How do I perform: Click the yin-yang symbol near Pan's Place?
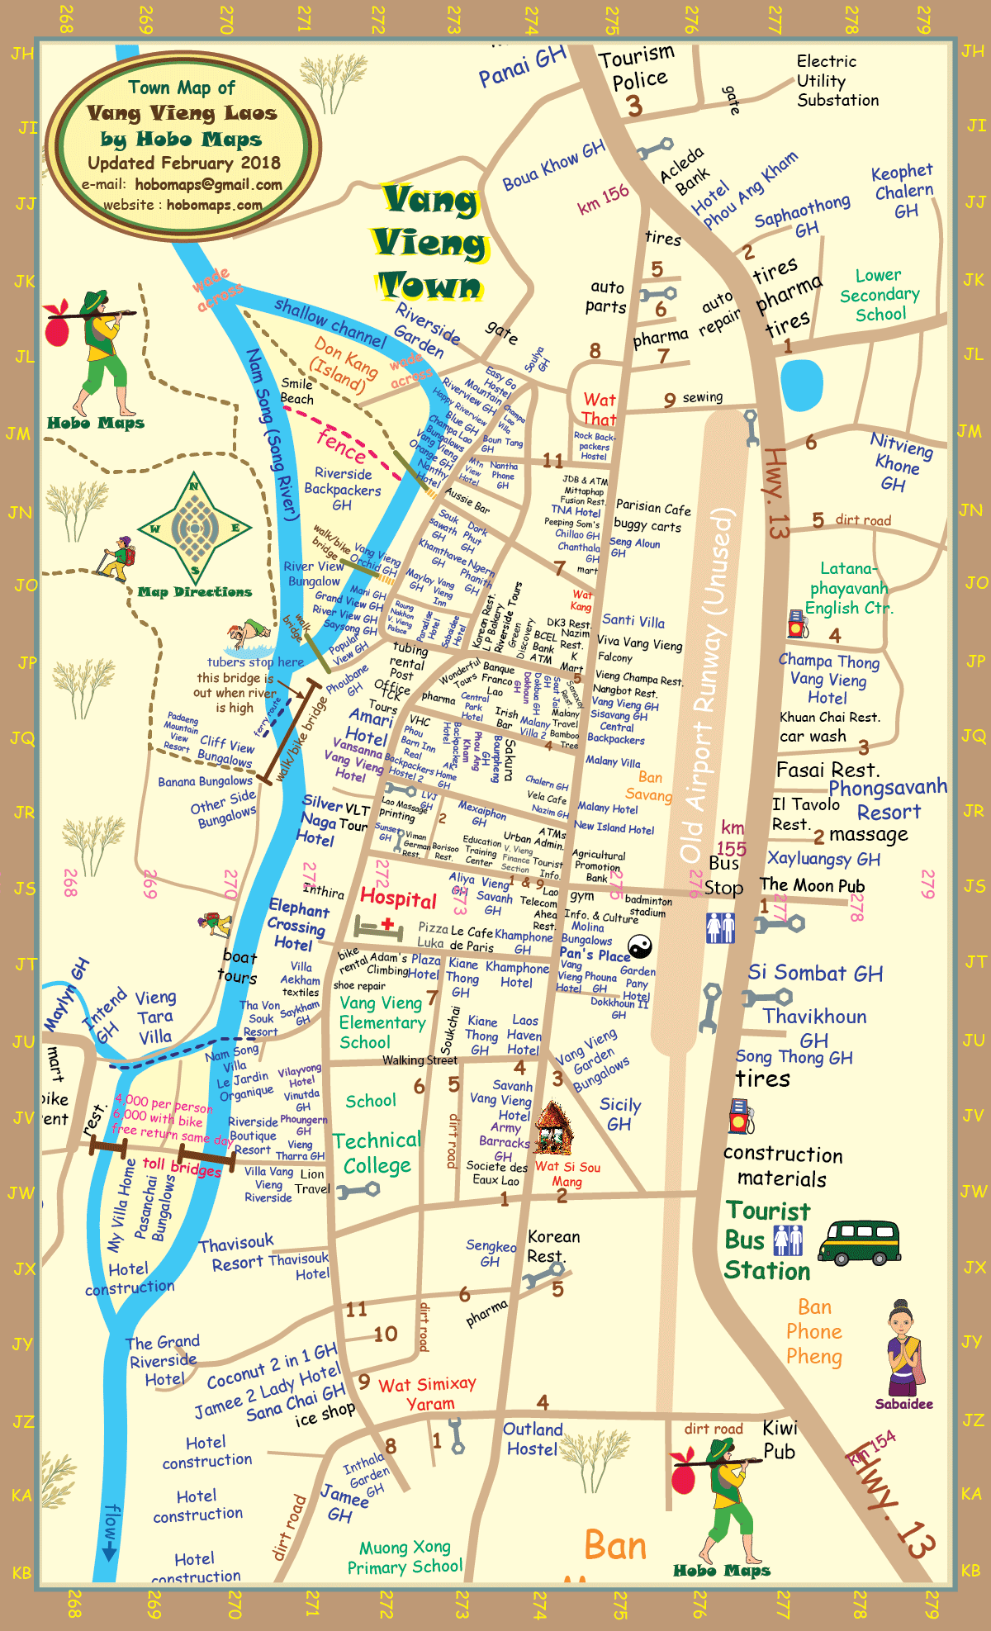(640, 946)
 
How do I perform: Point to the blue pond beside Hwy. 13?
(801, 384)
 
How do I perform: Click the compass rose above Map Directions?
(195, 529)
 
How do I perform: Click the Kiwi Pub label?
(779, 1439)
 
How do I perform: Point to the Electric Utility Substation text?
(837, 81)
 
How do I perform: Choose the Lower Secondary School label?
(880, 295)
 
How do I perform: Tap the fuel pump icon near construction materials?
(741, 1117)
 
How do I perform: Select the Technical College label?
(377, 1153)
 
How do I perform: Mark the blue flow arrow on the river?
(110, 1532)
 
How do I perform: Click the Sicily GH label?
(619, 1114)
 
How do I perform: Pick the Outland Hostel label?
(533, 1439)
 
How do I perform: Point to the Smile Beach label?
(297, 391)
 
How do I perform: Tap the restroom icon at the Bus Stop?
(720, 928)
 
